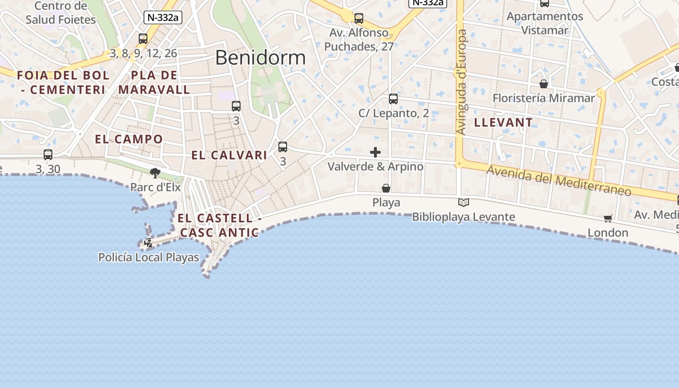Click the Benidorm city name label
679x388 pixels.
260,58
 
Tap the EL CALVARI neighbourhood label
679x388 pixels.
229,155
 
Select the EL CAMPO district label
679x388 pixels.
129,139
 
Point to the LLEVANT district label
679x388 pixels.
503,122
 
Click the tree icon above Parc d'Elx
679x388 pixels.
155,173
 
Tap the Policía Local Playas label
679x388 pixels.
148,258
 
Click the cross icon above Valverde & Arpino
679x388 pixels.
375,153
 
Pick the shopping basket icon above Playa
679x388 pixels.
386,188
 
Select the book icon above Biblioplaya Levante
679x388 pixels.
464,202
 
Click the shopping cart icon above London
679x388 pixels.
608,219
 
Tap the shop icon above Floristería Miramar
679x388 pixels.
544,84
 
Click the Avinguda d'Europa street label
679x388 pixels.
462,82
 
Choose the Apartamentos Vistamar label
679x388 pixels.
545,23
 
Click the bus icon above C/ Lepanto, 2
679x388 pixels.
393,99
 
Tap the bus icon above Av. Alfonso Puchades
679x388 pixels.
359,18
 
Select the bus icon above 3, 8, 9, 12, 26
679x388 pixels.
143,39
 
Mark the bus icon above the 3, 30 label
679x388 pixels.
48,155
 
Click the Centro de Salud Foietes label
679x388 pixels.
61,13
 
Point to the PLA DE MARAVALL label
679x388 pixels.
154,82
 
